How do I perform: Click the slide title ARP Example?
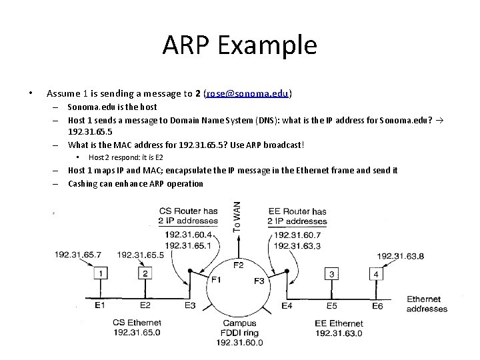(x=239, y=45)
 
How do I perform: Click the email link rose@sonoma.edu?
(x=248, y=93)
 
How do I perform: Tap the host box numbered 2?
(x=145, y=273)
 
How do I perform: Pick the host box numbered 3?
(x=331, y=273)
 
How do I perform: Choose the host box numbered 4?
(x=377, y=273)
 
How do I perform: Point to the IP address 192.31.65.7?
(x=78, y=255)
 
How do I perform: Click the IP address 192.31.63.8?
(x=400, y=256)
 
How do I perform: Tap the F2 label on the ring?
(x=238, y=265)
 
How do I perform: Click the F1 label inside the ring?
(x=216, y=280)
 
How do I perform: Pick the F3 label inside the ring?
(x=259, y=281)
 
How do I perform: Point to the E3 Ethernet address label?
(x=191, y=305)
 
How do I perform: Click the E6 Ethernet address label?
(x=377, y=305)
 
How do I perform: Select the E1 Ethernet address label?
(x=100, y=305)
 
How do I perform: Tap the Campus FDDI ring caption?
(x=239, y=328)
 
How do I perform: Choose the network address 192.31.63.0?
(x=339, y=333)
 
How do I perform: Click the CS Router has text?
(x=189, y=212)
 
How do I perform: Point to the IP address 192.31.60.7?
(x=297, y=235)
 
